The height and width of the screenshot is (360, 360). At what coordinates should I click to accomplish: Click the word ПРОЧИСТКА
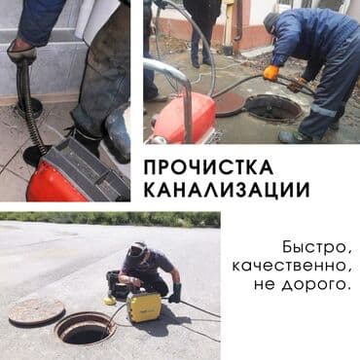point(208,168)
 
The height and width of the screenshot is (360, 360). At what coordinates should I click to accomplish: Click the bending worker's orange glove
point(270,73)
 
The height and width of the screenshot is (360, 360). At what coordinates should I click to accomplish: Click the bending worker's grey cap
point(271,19)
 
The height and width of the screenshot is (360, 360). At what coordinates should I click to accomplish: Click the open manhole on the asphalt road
point(87,328)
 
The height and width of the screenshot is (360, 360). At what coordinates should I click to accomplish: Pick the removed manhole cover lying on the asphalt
point(37,311)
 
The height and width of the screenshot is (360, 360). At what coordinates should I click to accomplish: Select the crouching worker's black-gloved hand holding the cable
point(175,293)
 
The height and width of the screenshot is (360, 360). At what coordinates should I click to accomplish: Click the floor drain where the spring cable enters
point(31,154)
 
